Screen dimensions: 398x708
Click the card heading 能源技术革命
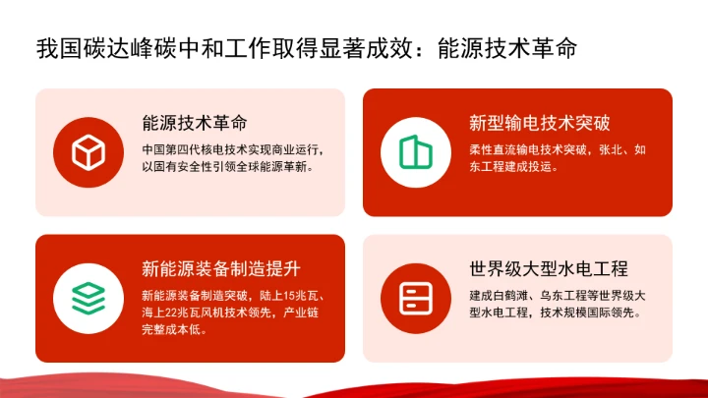tap(194, 124)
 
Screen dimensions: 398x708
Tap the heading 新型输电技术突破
tap(540, 124)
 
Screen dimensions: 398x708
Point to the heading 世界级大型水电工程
tap(549, 268)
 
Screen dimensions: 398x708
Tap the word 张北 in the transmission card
tap(610, 150)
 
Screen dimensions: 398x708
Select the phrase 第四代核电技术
tap(206, 150)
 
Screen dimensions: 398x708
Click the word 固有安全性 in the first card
tap(182, 167)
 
